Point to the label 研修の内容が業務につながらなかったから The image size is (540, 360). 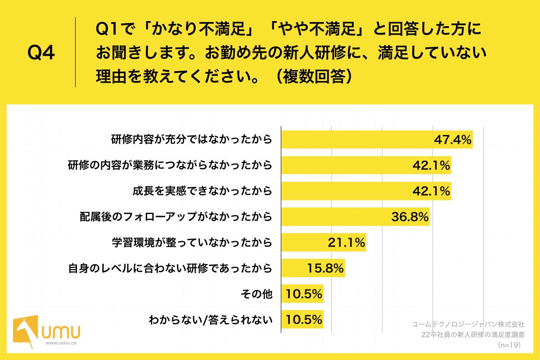pyautogui.click(x=170, y=166)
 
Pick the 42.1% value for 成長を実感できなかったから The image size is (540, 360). pyautogui.click(x=432, y=191)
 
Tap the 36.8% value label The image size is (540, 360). pyautogui.click(x=409, y=217)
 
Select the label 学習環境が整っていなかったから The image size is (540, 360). pyautogui.click(x=192, y=243)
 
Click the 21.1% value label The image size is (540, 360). pyautogui.click(x=346, y=243)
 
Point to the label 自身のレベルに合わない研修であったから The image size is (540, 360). pyautogui.click(x=170, y=269)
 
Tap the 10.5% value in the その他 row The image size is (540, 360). pyautogui.click(x=304, y=295)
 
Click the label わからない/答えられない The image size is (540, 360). pyautogui.click(x=211, y=321)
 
